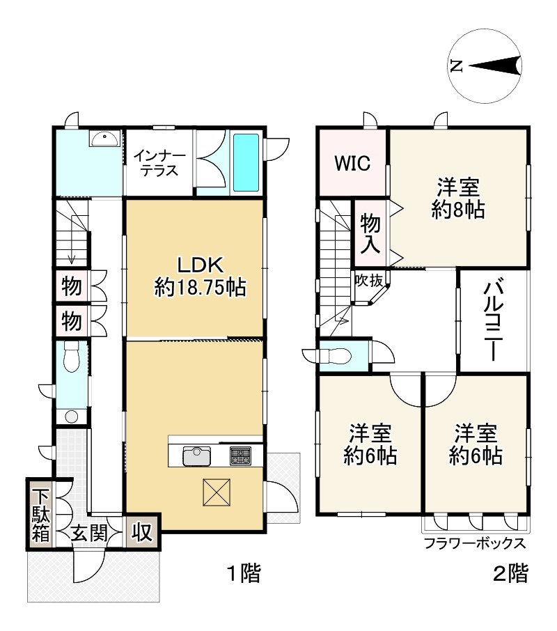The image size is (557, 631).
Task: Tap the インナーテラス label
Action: coord(159,164)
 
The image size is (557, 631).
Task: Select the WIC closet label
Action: coord(353,163)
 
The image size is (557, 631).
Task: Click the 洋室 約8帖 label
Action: coord(458,198)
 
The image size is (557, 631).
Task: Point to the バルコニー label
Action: coord(494,321)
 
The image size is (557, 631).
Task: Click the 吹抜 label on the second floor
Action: coord(369,281)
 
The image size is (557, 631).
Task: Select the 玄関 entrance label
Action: coord(89,533)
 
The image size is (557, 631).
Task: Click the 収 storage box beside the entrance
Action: coord(142,532)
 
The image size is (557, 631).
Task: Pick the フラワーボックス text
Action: coord(475,543)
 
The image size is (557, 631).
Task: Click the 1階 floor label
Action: coord(244,572)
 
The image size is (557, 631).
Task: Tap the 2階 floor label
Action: coord(511,573)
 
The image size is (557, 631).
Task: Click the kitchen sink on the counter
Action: coord(196,456)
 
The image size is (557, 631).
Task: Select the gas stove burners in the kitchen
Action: coord(240,456)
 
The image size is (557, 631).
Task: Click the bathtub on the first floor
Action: coord(246,162)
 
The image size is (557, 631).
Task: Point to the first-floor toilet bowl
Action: coord(72,358)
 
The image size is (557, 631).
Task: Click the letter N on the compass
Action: coord(456,65)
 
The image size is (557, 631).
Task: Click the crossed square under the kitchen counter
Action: coord(217,492)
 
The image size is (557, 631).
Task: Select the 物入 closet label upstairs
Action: coord(370,234)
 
